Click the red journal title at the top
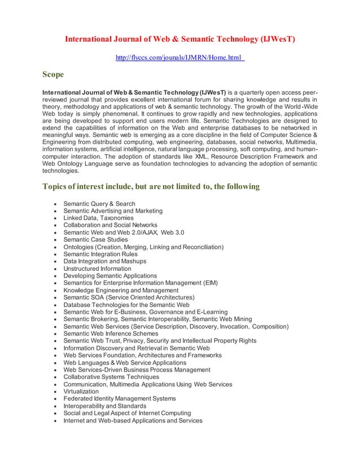point(180,39)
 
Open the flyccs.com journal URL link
point(179,58)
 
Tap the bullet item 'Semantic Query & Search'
point(99,204)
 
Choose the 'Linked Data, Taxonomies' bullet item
point(99,218)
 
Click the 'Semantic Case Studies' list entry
point(96,240)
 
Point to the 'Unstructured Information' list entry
point(97,269)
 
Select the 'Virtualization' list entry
point(81,392)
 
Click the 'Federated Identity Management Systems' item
point(120,399)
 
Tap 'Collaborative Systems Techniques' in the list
point(111,377)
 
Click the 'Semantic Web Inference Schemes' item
point(111,333)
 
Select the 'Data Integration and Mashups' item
point(105,261)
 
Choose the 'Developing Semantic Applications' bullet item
point(110,276)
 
